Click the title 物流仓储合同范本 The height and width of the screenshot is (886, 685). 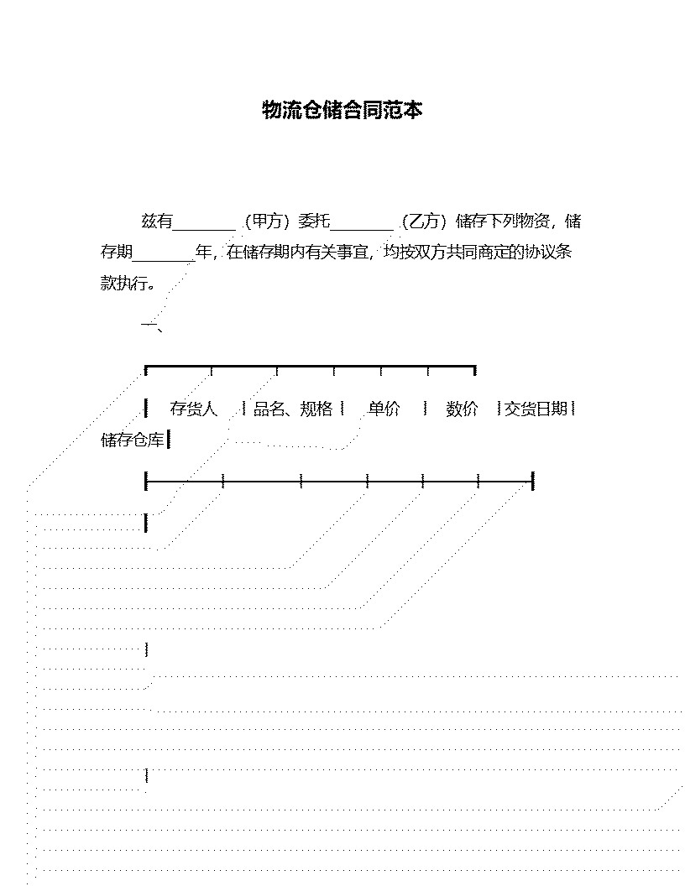tap(342, 110)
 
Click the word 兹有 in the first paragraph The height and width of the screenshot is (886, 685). tap(156, 221)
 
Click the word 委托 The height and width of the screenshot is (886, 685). tap(314, 221)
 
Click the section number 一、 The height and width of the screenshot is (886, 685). tap(152, 325)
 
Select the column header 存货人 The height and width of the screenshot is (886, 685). tap(193, 409)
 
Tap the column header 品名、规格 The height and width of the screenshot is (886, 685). tap(293, 409)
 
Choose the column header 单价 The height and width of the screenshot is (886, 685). tap(384, 409)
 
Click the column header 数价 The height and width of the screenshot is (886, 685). tap(462, 409)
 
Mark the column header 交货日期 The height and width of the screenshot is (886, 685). tap(536, 409)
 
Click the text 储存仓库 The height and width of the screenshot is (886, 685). tap(133, 440)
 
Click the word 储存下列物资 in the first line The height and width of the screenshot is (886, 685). tap(503, 221)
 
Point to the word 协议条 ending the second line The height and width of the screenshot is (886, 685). tap(548, 252)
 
